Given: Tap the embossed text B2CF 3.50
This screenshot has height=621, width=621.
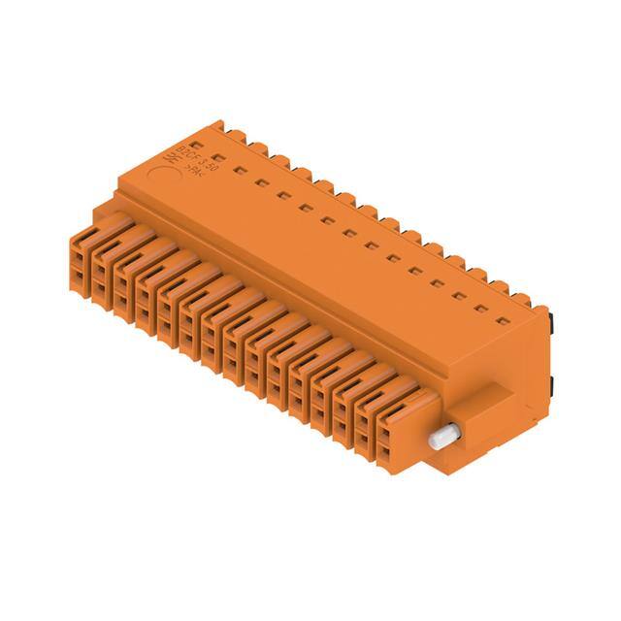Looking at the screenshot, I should point(190,154).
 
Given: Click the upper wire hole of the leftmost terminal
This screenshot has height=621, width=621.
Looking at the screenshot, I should point(78,256).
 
